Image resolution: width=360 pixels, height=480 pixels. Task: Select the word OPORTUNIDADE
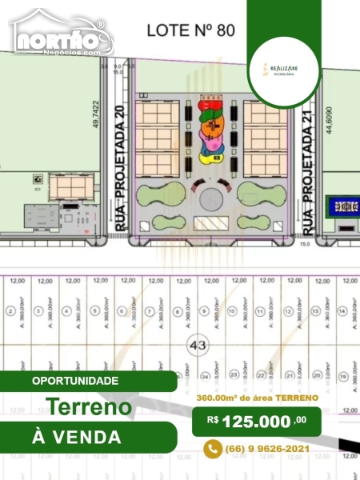click(76, 381)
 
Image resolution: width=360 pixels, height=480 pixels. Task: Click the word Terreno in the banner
click(90, 406)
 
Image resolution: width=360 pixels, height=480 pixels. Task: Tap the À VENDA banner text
click(77, 437)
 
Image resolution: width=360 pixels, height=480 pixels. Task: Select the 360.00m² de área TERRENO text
click(258, 398)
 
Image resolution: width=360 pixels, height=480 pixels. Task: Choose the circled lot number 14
click(342, 310)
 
